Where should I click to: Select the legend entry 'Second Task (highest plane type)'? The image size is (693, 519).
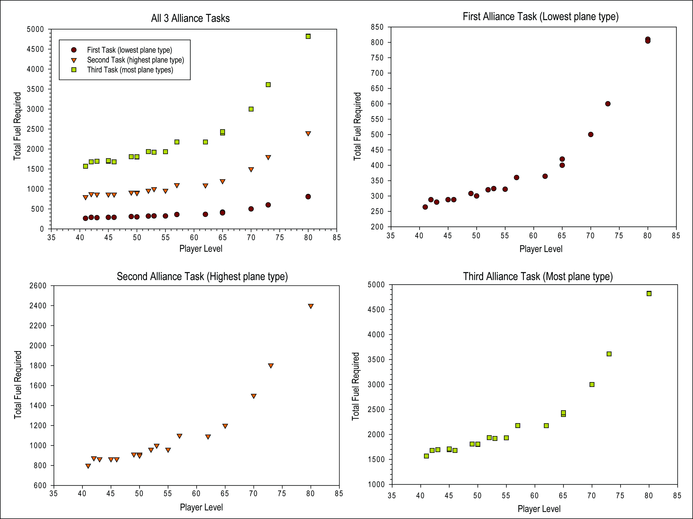click(x=135, y=60)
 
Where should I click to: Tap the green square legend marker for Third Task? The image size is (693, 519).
click(x=74, y=70)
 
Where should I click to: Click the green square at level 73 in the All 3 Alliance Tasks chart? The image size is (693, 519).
click(x=268, y=85)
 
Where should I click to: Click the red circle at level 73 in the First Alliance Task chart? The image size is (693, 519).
click(x=608, y=104)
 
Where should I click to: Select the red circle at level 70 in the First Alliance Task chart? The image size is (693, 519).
click(x=591, y=134)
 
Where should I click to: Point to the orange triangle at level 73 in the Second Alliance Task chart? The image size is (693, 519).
click(x=271, y=365)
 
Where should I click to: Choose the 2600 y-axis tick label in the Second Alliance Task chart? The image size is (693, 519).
click(x=38, y=286)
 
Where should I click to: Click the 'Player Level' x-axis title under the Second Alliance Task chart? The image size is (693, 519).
click(x=201, y=507)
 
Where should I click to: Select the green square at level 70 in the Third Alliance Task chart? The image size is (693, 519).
click(x=592, y=384)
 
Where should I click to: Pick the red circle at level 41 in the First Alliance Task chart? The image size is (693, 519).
click(x=425, y=207)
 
